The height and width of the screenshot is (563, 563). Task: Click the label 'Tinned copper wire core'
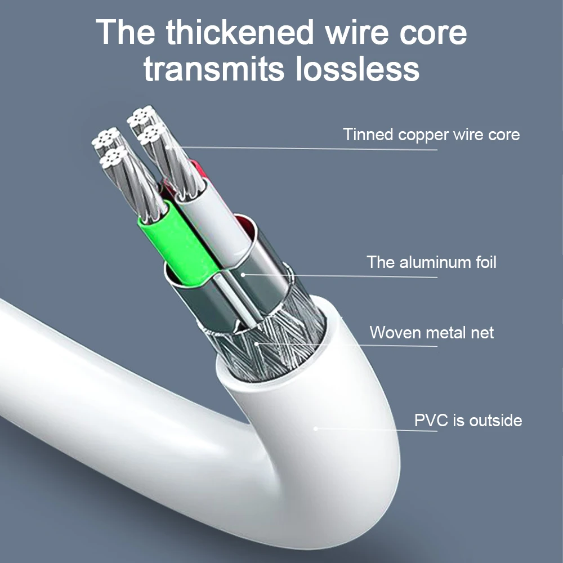coord(431,135)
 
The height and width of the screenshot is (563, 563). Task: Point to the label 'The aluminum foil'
coord(431,262)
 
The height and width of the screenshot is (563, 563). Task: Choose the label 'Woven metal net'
coord(432,333)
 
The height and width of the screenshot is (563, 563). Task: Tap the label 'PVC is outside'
coord(468,420)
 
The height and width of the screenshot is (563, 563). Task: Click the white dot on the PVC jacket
coord(316,428)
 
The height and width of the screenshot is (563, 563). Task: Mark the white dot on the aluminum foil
coord(243,275)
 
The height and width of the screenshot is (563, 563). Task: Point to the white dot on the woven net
coord(256,343)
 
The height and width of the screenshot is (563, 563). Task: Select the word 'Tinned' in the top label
coord(368,134)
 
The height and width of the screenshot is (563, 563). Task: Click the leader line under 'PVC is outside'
coord(376,430)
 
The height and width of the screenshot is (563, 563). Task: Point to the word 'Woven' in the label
coord(393,333)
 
